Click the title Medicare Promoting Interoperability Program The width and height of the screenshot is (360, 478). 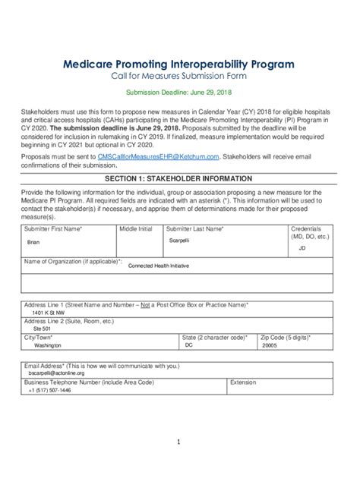[x=179, y=64]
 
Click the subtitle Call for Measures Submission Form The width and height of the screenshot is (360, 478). [x=179, y=77]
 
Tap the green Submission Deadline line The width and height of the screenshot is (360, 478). [x=179, y=93]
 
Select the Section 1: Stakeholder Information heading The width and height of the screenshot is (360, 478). [x=179, y=178]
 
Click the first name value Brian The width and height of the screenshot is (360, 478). [x=33, y=242]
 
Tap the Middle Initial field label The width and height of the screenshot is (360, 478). [x=135, y=228]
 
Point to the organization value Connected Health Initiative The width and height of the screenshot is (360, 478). [x=159, y=266]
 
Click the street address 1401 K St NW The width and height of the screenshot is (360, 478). [x=49, y=312]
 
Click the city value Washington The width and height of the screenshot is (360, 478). [x=47, y=344]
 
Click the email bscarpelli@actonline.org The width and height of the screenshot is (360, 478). [x=56, y=373]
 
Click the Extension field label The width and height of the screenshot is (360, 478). [x=244, y=382]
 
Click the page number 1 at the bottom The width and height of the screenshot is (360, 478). [x=179, y=442]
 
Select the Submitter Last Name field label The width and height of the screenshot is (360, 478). [x=195, y=228]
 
